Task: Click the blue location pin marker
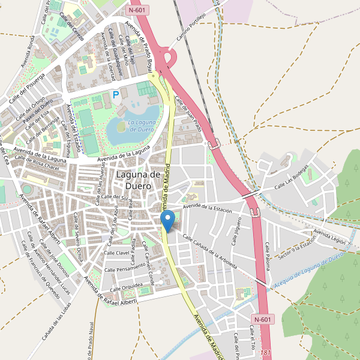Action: tap(169, 221)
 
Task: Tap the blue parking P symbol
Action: tap(116, 94)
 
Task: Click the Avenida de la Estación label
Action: tap(208, 208)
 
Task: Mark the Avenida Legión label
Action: tap(329, 236)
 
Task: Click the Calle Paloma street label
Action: tap(269, 256)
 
